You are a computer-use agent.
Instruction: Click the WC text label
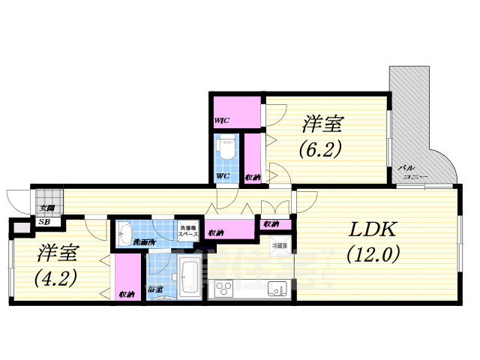(223, 176)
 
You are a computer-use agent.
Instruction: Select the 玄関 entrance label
(46, 208)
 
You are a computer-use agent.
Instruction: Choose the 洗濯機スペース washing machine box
(187, 232)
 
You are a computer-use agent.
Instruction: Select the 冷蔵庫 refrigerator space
(279, 245)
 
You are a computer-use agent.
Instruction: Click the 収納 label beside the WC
(253, 177)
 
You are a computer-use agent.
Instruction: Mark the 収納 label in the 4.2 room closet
(126, 294)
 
